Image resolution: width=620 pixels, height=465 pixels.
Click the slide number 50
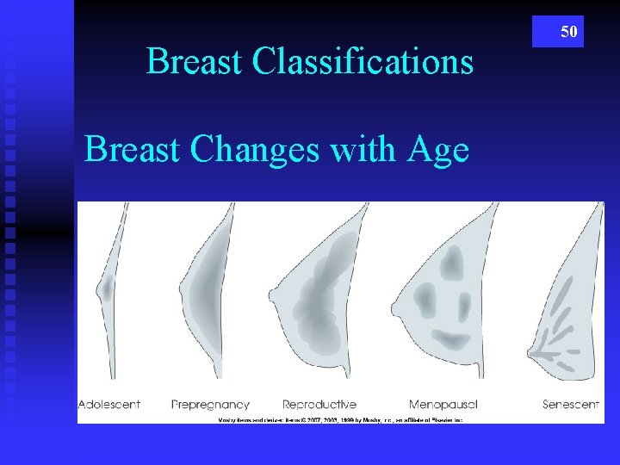point(568,32)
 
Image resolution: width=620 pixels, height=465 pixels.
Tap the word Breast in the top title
point(195,62)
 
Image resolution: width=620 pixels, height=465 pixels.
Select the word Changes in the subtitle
point(254,150)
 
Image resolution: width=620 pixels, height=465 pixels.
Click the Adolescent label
point(108,404)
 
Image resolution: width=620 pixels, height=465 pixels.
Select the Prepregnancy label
point(210,404)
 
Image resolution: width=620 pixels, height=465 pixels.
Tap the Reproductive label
point(319,404)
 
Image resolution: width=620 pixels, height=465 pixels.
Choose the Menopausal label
point(443,404)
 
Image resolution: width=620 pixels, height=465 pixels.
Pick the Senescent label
point(571,404)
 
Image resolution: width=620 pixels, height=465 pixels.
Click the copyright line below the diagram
point(340,418)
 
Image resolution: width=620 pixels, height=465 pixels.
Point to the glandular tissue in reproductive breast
point(319,297)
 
